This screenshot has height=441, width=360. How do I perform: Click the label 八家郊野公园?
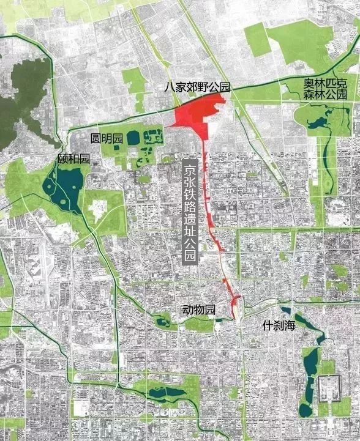pyautogui.click(x=196, y=87)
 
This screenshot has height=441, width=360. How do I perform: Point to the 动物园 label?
pyautogui.click(x=199, y=311)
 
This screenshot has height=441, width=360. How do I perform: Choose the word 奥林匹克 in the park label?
pyautogui.click(x=321, y=84)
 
